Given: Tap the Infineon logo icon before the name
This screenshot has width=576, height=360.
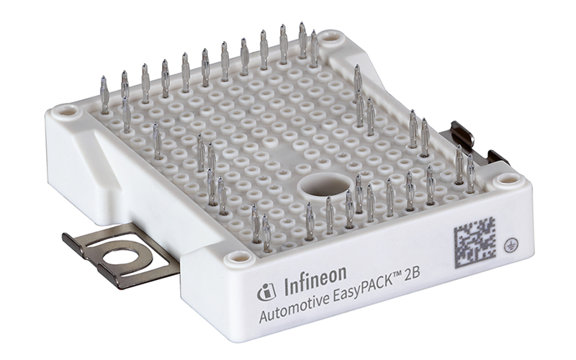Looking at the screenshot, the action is click(266, 292).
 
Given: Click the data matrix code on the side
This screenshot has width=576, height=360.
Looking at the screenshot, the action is click(474, 243).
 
